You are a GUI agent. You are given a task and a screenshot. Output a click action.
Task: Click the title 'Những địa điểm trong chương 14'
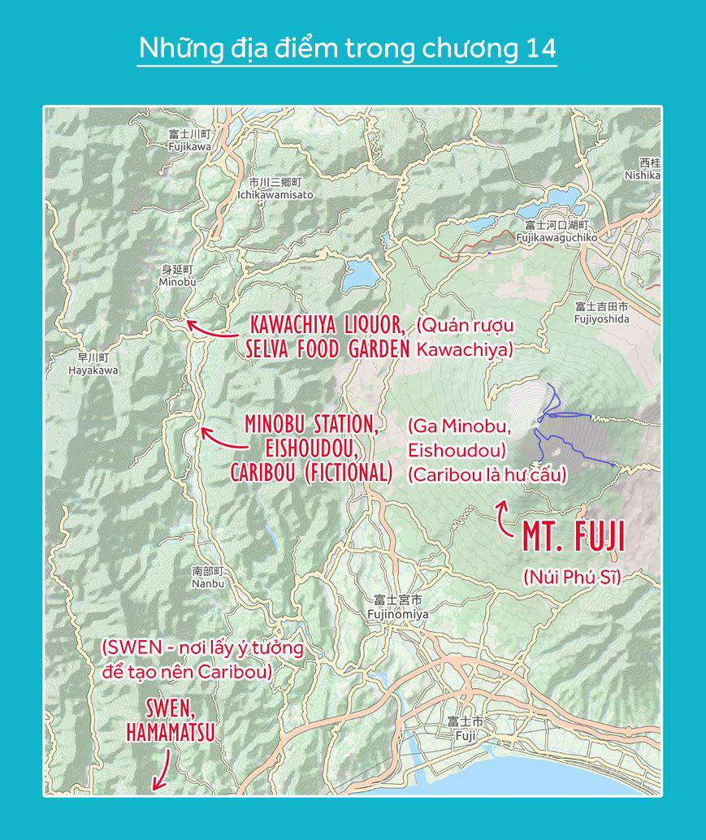347,49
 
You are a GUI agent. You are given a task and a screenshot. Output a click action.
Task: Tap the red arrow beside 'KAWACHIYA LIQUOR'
210,330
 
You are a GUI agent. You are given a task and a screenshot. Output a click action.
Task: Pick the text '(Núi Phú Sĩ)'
570,578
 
